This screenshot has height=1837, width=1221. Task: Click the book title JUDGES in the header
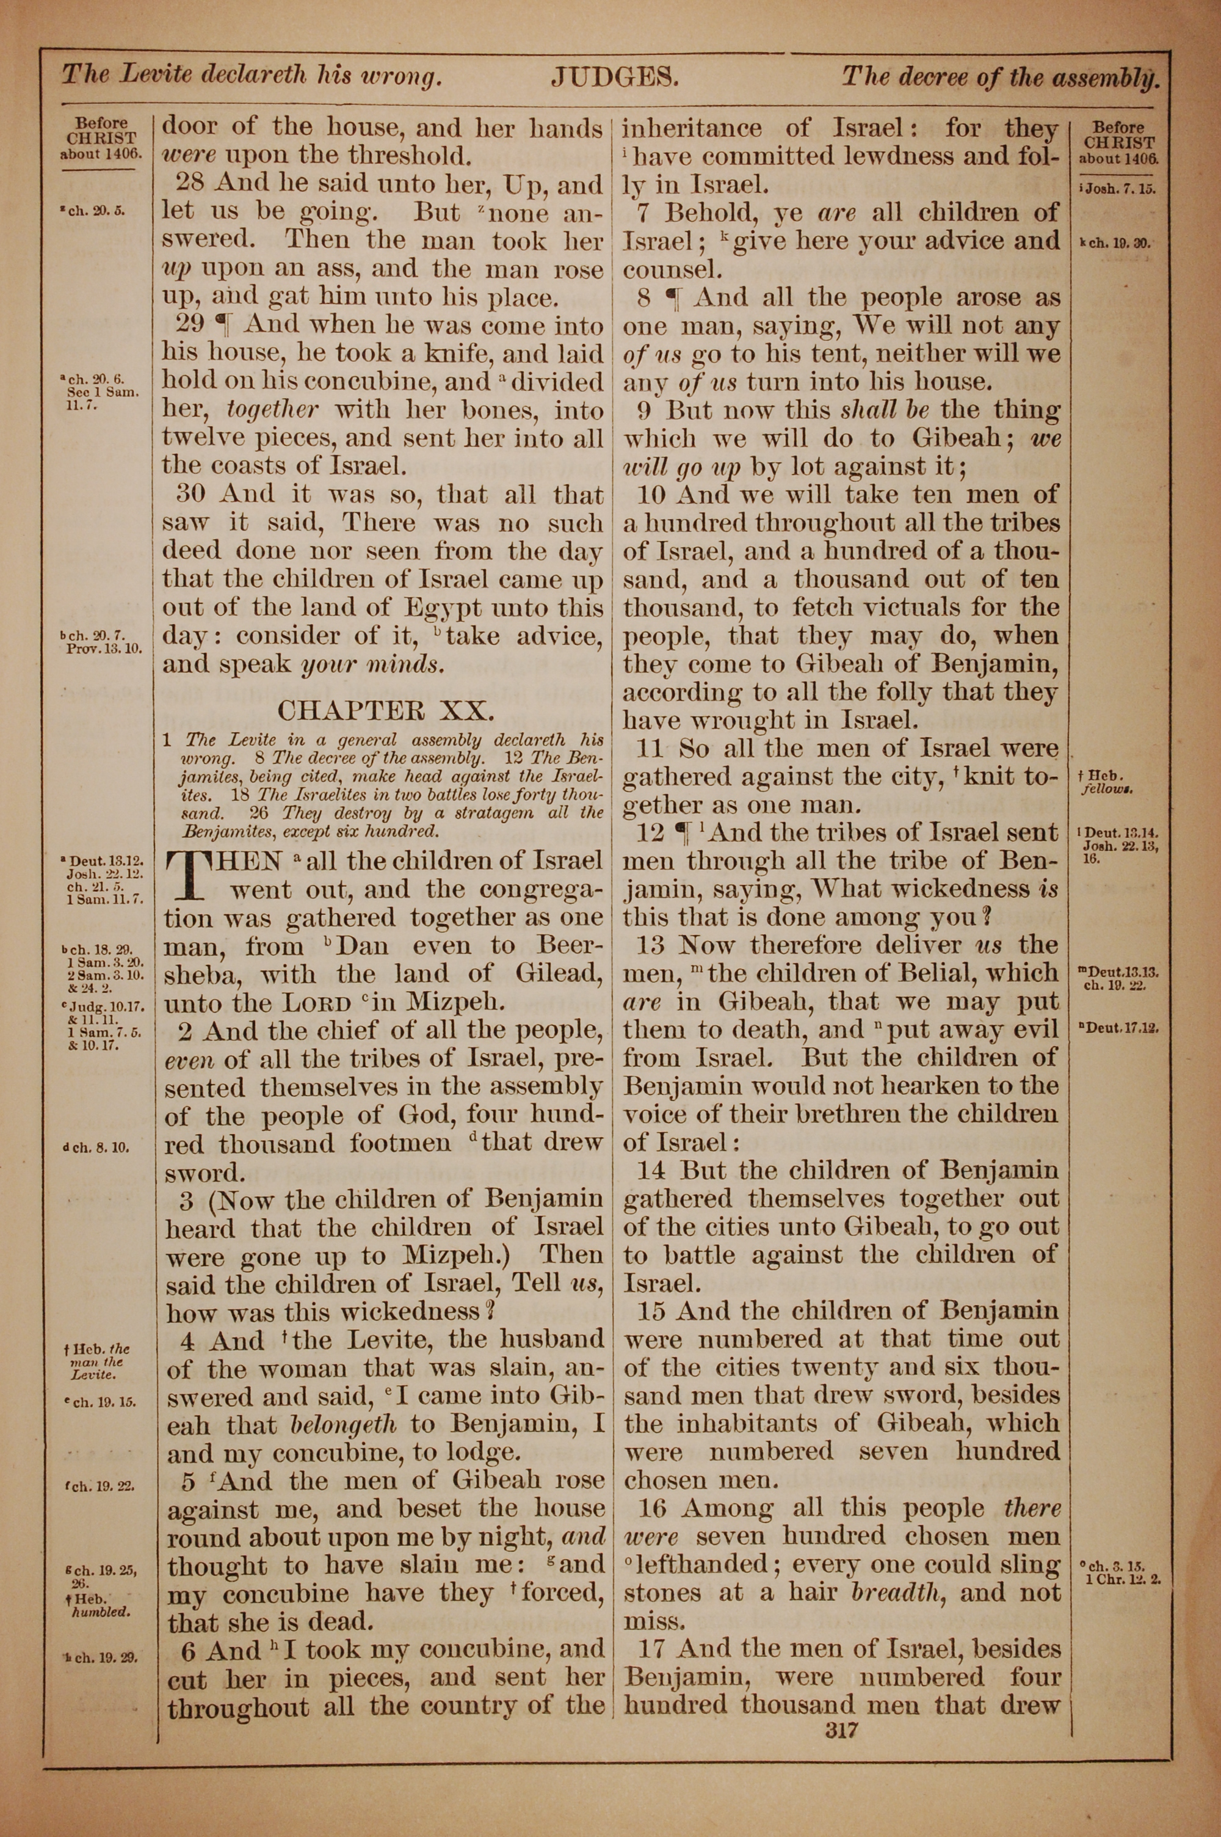(x=616, y=76)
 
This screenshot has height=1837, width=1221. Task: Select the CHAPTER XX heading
(x=385, y=710)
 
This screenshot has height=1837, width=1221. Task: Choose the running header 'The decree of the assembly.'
(x=1001, y=76)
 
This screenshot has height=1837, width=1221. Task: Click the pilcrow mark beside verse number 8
(x=671, y=298)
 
